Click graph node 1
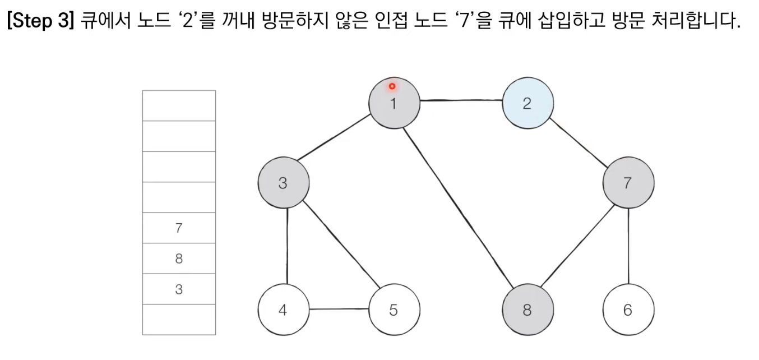[x=394, y=103]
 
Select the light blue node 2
[x=527, y=103]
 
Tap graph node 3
[x=283, y=183]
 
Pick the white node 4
[x=283, y=309]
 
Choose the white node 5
[x=394, y=309]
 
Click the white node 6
[x=628, y=309]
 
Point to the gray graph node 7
[x=628, y=183]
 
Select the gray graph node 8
[x=527, y=309]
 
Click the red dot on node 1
[x=392, y=86]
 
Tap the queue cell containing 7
[x=179, y=228]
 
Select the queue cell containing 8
[x=179, y=259]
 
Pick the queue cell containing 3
[x=179, y=289]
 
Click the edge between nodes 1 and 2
[x=460, y=101]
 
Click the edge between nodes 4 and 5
[x=338, y=309]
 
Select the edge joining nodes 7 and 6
[x=628, y=246]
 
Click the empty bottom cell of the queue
[x=179, y=320]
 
